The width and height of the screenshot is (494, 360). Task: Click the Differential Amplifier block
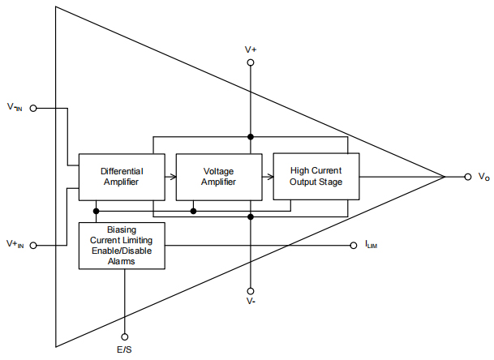click(x=122, y=177)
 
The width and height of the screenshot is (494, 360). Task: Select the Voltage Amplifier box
click(x=218, y=177)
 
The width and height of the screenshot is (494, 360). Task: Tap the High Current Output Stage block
click(x=316, y=176)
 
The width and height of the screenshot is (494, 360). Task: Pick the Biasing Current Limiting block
click(x=122, y=245)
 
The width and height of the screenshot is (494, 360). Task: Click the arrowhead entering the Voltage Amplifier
click(x=173, y=177)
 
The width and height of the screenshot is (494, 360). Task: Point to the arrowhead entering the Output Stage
click(x=269, y=177)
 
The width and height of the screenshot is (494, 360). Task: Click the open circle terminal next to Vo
click(x=468, y=177)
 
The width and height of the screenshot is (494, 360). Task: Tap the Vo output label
click(x=483, y=177)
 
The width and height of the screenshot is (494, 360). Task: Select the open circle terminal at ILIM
click(x=354, y=245)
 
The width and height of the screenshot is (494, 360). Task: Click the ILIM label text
click(x=371, y=245)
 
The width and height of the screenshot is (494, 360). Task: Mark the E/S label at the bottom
click(x=125, y=351)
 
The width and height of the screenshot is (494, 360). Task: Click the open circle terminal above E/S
click(x=125, y=336)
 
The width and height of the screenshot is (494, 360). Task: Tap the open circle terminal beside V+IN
click(x=33, y=244)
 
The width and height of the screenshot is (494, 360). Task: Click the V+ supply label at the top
click(x=251, y=50)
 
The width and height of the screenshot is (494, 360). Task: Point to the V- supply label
click(x=251, y=302)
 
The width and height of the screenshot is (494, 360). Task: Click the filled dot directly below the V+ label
click(x=251, y=136)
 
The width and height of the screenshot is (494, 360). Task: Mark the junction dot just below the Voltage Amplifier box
click(x=193, y=211)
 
